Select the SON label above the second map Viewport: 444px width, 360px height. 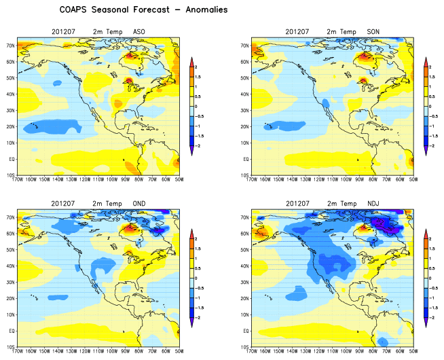(373, 32)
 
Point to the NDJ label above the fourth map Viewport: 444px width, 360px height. (373, 203)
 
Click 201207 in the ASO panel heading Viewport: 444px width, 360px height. (64, 32)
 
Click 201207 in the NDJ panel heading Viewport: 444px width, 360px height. (295, 203)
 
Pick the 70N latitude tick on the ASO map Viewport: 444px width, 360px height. (10, 44)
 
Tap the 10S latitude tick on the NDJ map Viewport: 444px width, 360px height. (242, 346)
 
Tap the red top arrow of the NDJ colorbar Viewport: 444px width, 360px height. (426, 233)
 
